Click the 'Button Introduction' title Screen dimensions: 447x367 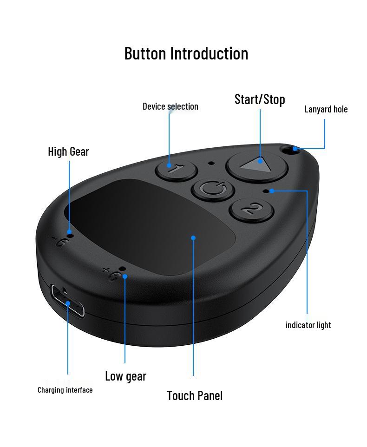[x=186, y=53]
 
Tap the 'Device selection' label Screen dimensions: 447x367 [x=170, y=106]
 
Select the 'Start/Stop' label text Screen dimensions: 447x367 [x=260, y=99]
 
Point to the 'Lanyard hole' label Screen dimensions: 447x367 [x=326, y=109]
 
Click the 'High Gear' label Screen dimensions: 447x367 [x=68, y=151]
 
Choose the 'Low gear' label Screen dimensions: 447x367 [x=125, y=376]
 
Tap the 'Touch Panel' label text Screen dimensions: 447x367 [x=195, y=396]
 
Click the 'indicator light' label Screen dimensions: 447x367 [x=308, y=325]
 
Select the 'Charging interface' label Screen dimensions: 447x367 [x=65, y=390]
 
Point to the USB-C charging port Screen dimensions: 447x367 [x=68, y=302]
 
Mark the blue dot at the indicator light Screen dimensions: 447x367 [x=272, y=191]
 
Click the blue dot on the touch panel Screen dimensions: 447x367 [x=193, y=238]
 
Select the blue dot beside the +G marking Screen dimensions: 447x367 [x=125, y=276]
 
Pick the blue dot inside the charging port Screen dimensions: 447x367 [x=68, y=303]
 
